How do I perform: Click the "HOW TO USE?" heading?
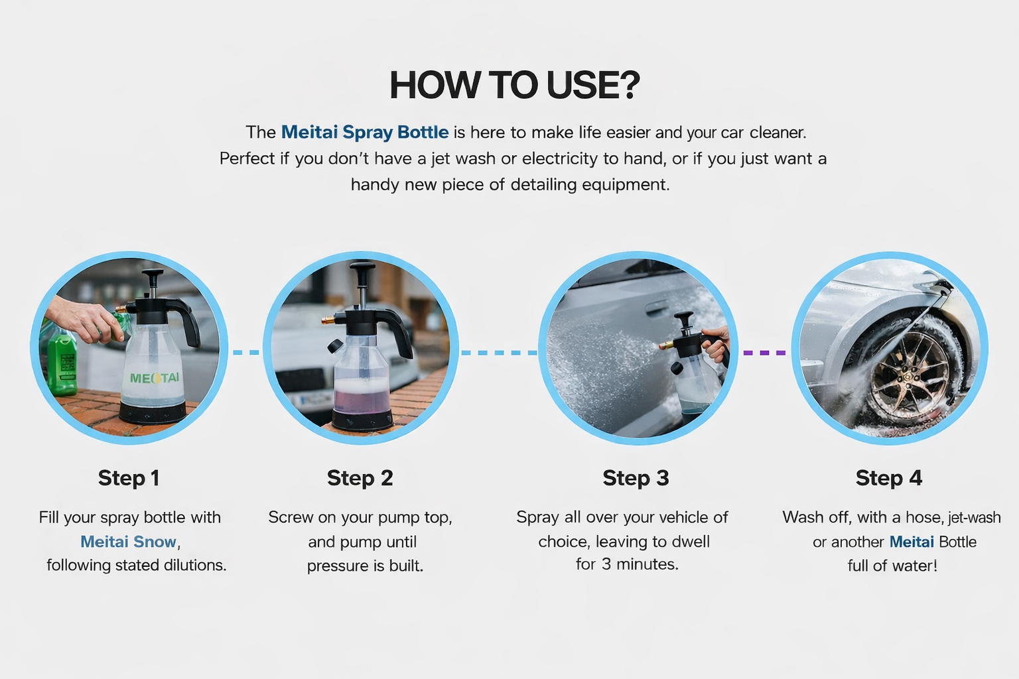tap(515, 85)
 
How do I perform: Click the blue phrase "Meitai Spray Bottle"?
tap(365, 133)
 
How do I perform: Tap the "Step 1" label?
tap(129, 478)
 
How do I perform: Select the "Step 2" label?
tap(360, 478)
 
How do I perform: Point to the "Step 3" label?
tap(636, 478)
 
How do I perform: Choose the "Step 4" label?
tap(888, 478)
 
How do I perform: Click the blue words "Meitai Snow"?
tap(128, 542)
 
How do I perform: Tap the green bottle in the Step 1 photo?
tap(62, 361)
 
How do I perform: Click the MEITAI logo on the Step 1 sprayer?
tap(154, 378)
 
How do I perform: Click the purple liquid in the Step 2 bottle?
tap(362, 397)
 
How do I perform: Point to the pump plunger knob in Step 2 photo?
tap(362, 267)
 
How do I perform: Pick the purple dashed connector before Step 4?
tap(764, 353)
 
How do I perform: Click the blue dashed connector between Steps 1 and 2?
tap(246, 353)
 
